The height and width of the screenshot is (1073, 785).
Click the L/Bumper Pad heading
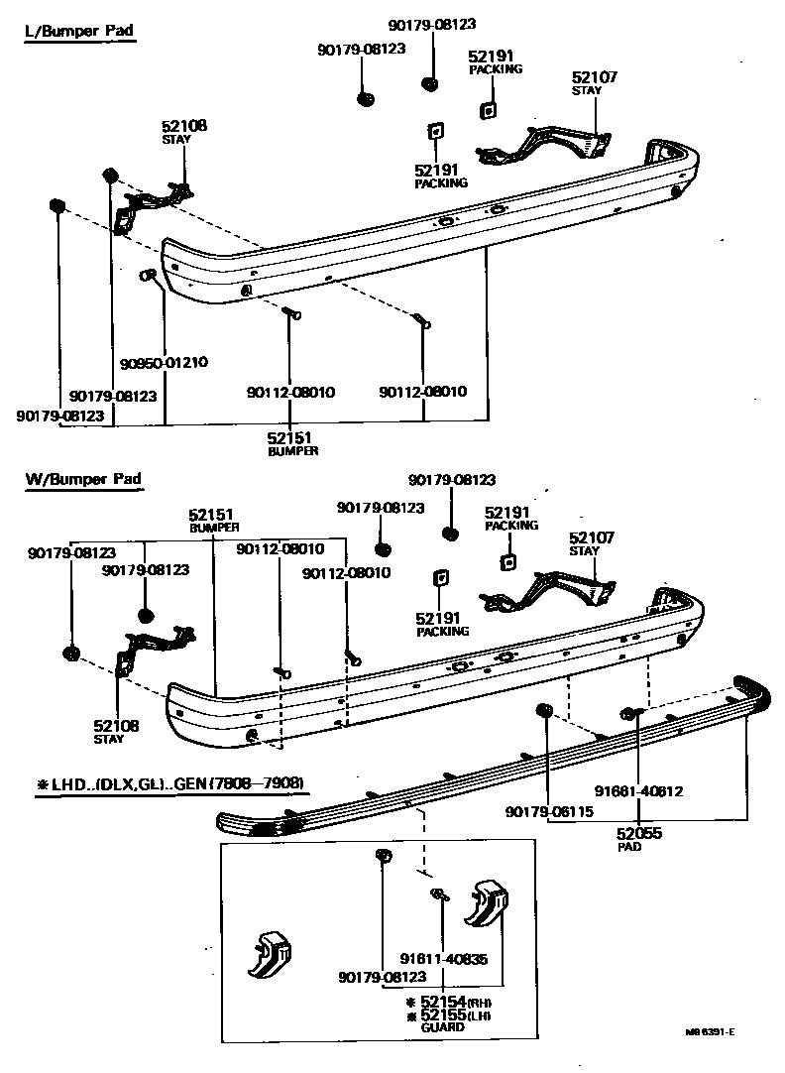pyautogui.click(x=78, y=31)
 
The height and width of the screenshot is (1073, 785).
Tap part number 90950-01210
pyautogui.click(x=165, y=362)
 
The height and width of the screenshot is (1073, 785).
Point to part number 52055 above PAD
pyautogui.click(x=638, y=834)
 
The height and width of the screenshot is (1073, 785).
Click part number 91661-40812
pyautogui.click(x=639, y=790)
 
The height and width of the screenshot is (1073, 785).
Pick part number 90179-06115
pyautogui.click(x=548, y=810)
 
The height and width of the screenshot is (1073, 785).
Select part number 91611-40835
pyautogui.click(x=444, y=959)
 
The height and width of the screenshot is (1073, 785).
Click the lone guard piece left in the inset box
pyautogui.click(x=269, y=955)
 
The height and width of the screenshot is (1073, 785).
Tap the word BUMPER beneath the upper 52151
pyautogui.click(x=292, y=451)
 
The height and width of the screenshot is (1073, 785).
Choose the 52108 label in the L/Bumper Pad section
pyautogui.click(x=184, y=126)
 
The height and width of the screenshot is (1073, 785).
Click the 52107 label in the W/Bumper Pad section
pyautogui.click(x=592, y=537)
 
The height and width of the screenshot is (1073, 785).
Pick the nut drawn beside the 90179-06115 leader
pyautogui.click(x=542, y=710)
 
